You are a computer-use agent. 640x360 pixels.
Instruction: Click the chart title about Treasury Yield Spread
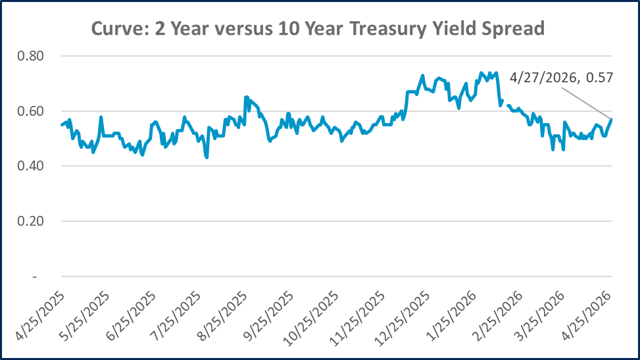pyautogui.click(x=320, y=29)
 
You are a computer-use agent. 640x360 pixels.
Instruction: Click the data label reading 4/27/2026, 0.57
pyautogui.click(x=561, y=78)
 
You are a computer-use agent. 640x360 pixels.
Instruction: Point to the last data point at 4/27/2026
pyautogui.click(x=612, y=119)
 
